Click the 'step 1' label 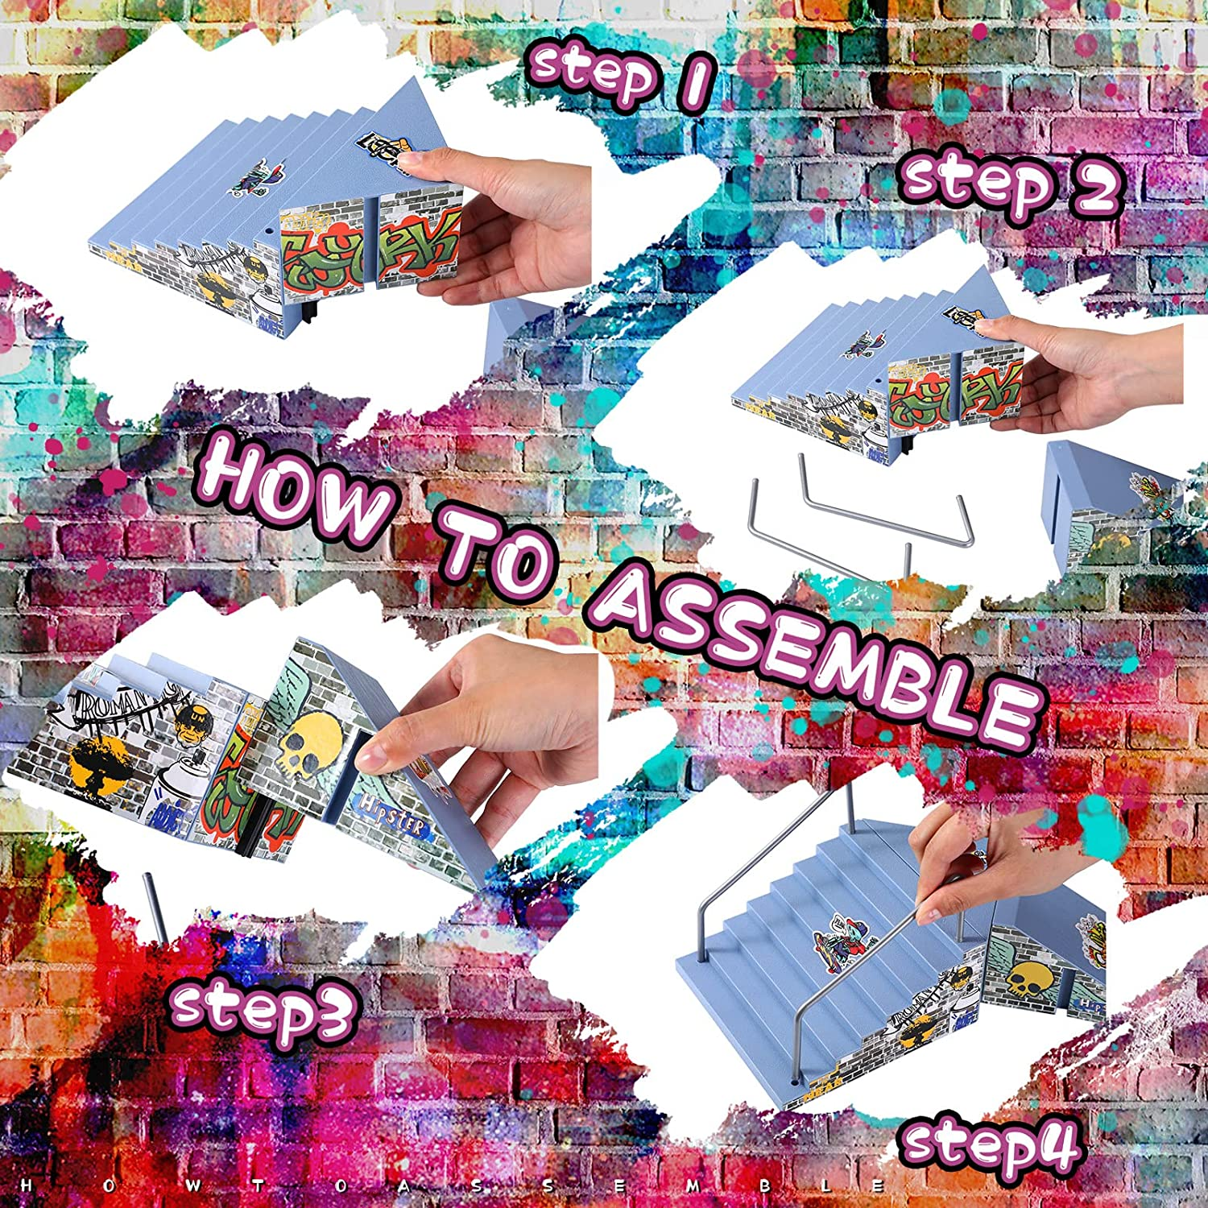[x=620, y=78]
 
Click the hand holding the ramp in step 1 [x=499, y=225]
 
